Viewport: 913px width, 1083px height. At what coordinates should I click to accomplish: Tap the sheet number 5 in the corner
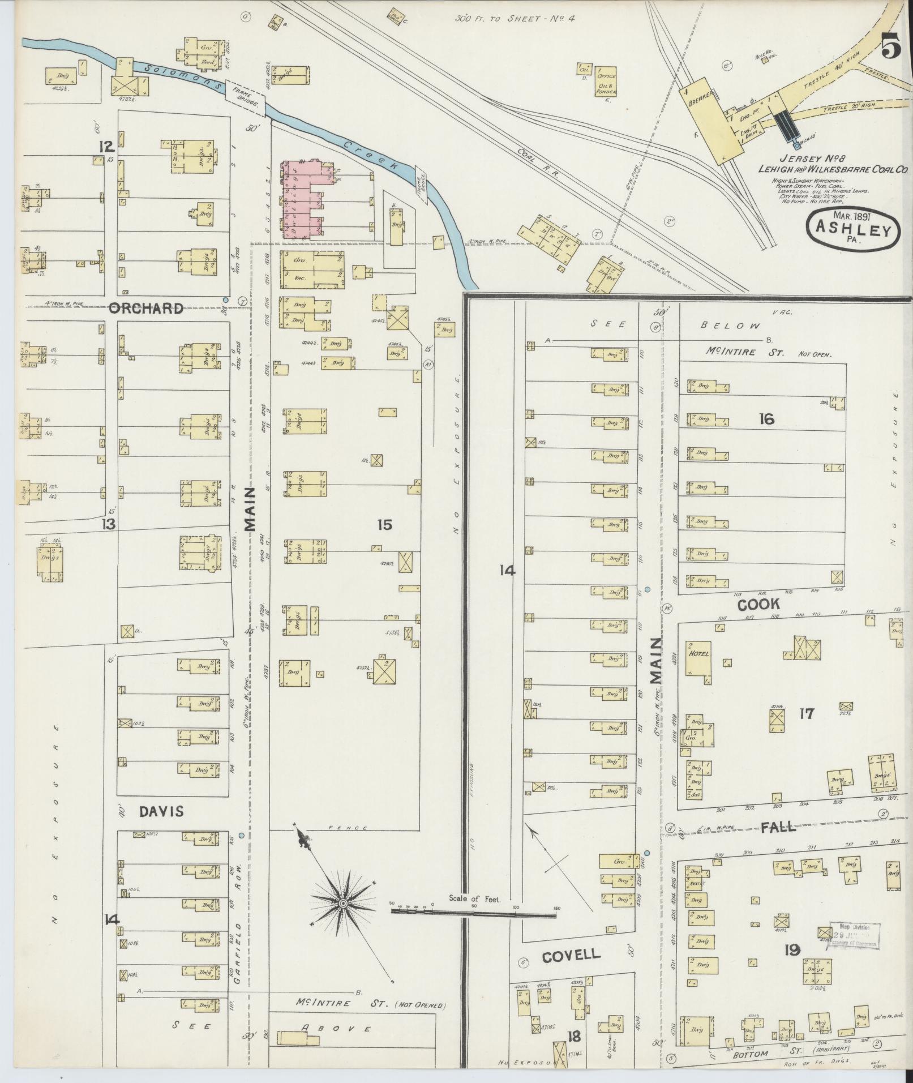pyautogui.click(x=890, y=45)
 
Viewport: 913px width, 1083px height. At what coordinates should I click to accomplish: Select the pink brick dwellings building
pyautogui.click(x=302, y=199)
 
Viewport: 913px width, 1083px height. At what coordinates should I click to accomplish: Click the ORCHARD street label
pyautogui.click(x=146, y=309)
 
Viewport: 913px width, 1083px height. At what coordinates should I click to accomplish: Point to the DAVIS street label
pyautogui.click(x=161, y=811)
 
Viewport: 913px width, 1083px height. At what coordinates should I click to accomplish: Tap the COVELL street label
pyautogui.click(x=571, y=955)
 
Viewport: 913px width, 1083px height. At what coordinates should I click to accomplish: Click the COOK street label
pyautogui.click(x=758, y=604)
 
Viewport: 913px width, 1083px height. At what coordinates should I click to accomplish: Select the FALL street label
pyautogui.click(x=778, y=827)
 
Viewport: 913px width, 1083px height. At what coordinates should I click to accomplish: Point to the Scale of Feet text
pyautogui.click(x=474, y=898)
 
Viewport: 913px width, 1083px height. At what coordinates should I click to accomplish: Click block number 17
pyautogui.click(x=806, y=713)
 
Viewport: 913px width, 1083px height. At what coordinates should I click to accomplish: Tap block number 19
pyautogui.click(x=792, y=949)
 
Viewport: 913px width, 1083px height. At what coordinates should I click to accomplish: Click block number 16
pyautogui.click(x=767, y=419)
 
